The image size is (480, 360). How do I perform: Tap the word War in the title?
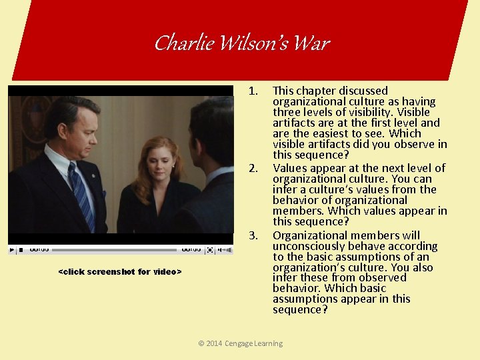pos(311,44)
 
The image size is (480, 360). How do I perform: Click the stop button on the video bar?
pos(21,250)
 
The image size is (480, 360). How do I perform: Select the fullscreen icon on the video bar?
pos(210,250)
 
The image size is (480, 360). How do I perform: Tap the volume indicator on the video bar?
pos(225,250)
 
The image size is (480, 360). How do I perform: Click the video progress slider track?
pos(113,250)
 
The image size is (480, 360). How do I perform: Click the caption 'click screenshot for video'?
pos(120,271)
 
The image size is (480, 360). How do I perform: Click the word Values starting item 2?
pos(289,168)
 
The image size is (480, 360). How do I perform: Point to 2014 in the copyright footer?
pos(215,343)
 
